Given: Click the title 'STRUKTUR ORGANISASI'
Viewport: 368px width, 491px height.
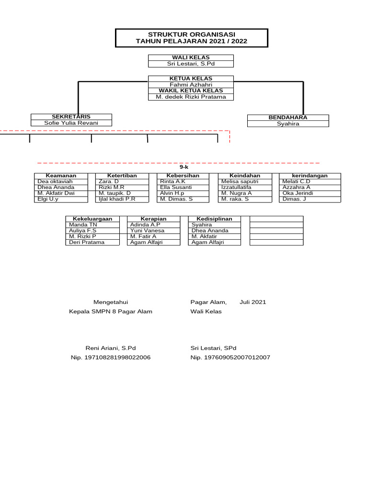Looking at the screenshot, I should (191, 35).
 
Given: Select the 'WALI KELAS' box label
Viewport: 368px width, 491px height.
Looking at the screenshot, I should (191, 58).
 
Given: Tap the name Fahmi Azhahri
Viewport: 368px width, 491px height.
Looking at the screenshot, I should (191, 84).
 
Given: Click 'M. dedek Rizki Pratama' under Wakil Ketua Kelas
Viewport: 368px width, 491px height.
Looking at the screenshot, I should (191, 97).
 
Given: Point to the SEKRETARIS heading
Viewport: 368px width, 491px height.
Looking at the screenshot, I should (71, 117).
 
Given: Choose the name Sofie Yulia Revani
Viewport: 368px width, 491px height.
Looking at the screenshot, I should (71, 123).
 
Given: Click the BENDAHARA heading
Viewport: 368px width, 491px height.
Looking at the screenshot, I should (288, 117).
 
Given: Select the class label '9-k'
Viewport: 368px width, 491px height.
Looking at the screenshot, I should (184, 167).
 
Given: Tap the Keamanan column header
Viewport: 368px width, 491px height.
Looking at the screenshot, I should (61, 175).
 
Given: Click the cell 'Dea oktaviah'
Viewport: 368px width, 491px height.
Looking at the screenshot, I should (55, 182).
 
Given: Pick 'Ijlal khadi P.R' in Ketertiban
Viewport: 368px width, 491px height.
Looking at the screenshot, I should (117, 199).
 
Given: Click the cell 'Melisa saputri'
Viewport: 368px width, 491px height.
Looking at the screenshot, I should (240, 182).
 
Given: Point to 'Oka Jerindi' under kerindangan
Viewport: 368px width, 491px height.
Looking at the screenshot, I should (298, 193).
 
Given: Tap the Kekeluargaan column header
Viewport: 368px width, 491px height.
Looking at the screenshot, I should (92, 219).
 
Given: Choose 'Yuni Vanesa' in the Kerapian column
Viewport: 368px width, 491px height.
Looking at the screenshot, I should (147, 231).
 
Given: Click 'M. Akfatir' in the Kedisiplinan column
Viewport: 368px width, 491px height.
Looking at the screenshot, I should (204, 236).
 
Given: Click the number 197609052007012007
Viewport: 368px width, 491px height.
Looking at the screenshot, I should (230, 357).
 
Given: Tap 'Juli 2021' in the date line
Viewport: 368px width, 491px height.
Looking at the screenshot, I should (253, 302).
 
